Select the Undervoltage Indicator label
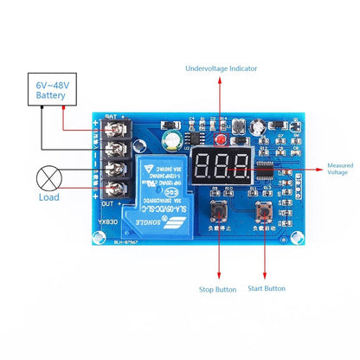[221, 68]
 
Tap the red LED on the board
[222, 138]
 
